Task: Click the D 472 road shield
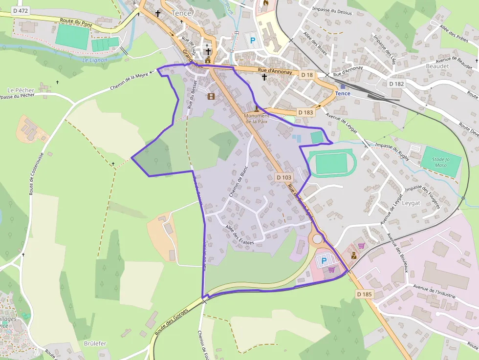coord(20,10)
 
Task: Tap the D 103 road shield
coord(283,178)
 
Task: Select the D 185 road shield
coord(365,294)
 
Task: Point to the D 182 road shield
coord(397,84)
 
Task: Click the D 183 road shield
coord(305,112)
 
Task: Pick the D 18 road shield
coord(306,75)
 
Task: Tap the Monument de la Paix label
coord(257,118)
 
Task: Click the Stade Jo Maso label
coord(441,162)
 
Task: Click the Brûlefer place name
coord(95,343)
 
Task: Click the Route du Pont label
coord(76,22)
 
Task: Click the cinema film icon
coord(211,96)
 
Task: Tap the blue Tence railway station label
coord(343,93)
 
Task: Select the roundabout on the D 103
coord(318,239)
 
